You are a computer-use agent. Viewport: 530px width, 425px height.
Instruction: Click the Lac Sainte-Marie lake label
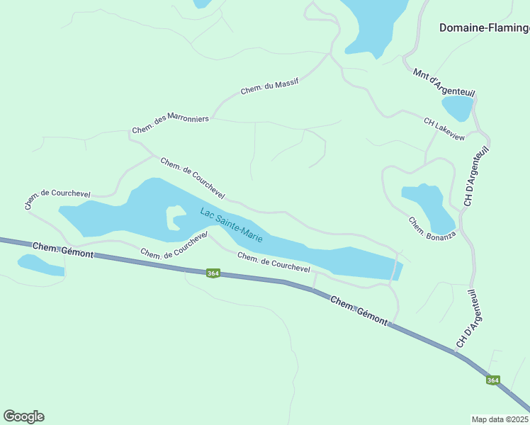click(x=231, y=225)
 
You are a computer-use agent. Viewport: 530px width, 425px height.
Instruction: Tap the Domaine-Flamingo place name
click(x=485, y=28)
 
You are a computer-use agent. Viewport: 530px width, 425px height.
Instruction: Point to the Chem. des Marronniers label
click(x=170, y=124)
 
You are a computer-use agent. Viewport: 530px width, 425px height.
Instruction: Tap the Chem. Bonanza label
click(x=427, y=227)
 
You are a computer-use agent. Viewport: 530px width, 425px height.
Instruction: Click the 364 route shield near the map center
click(x=212, y=273)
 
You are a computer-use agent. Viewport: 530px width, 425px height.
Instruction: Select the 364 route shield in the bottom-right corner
click(x=493, y=380)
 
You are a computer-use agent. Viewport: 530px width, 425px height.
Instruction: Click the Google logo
click(x=23, y=416)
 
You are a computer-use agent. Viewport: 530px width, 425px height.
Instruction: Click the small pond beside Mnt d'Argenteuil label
click(x=457, y=108)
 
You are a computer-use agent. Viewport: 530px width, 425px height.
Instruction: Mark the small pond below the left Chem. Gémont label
click(x=40, y=265)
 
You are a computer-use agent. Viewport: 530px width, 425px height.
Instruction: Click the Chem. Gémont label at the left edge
click(x=62, y=249)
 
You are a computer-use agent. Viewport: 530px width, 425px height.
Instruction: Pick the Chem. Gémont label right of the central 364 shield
click(x=359, y=311)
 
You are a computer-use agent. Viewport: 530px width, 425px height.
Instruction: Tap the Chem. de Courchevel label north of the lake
click(x=192, y=178)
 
